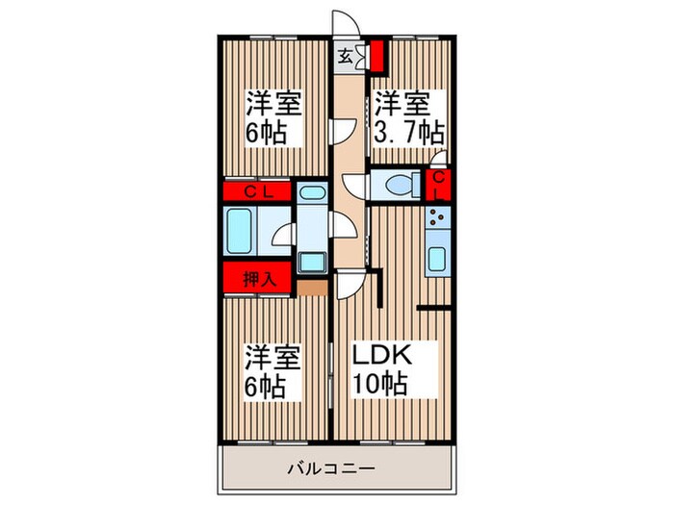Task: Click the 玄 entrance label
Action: tap(344, 56)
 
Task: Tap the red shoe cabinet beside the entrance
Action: tap(377, 55)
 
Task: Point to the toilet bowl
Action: tap(398, 183)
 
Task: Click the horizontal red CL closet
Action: tap(257, 191)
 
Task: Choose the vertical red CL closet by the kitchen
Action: tap(439, 186)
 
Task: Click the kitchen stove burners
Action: tap(437, 224)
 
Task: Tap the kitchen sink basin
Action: tap(437, 260)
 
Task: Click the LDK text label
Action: tap(383, 356)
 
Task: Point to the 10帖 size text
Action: tap(383, 383)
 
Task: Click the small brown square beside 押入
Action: tap(307, 287)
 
